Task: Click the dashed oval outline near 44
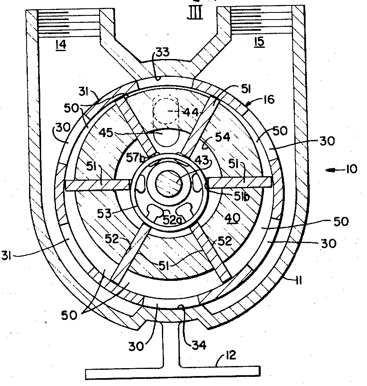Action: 165,110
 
